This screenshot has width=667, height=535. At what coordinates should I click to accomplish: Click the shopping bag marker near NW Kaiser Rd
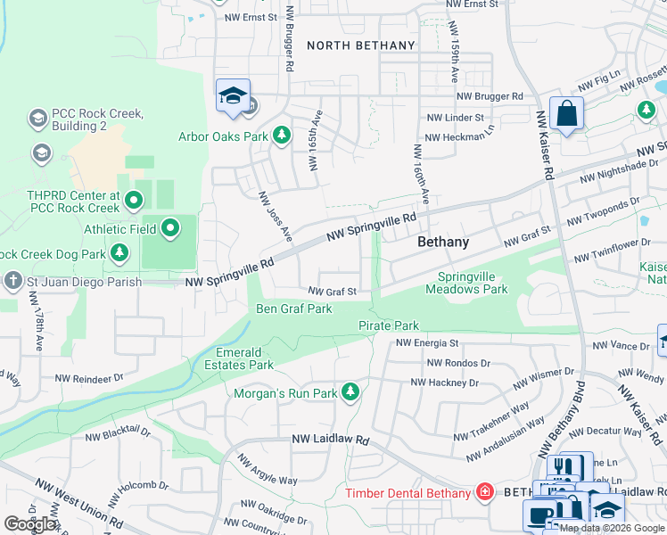coord(566,114)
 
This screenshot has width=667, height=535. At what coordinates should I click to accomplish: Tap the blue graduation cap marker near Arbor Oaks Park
coord(233,96)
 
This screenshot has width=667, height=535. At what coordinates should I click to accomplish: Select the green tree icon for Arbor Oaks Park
coord(282,136)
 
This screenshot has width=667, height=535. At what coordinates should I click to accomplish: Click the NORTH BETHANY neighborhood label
coord(361,45)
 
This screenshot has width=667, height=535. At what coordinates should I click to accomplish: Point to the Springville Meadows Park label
coord(460,284)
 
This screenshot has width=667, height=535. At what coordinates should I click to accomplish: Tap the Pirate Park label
coord(389,325)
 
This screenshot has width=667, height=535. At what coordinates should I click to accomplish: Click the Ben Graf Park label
coord(294,309)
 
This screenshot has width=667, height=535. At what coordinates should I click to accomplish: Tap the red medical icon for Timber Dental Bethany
coord(484,493)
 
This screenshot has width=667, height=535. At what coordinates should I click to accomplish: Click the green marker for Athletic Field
coord(171,229)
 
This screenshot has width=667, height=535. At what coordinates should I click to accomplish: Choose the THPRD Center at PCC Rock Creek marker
coord(134,201)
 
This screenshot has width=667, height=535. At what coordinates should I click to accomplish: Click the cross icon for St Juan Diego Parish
coord(12,282)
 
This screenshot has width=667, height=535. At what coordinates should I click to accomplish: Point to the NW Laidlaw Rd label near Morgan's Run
coord(331,440)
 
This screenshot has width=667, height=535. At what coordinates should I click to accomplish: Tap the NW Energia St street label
coord(427,342)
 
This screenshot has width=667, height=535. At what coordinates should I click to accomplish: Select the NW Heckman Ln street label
coord(460,137)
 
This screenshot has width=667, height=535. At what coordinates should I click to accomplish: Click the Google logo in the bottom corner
coord(30,524)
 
